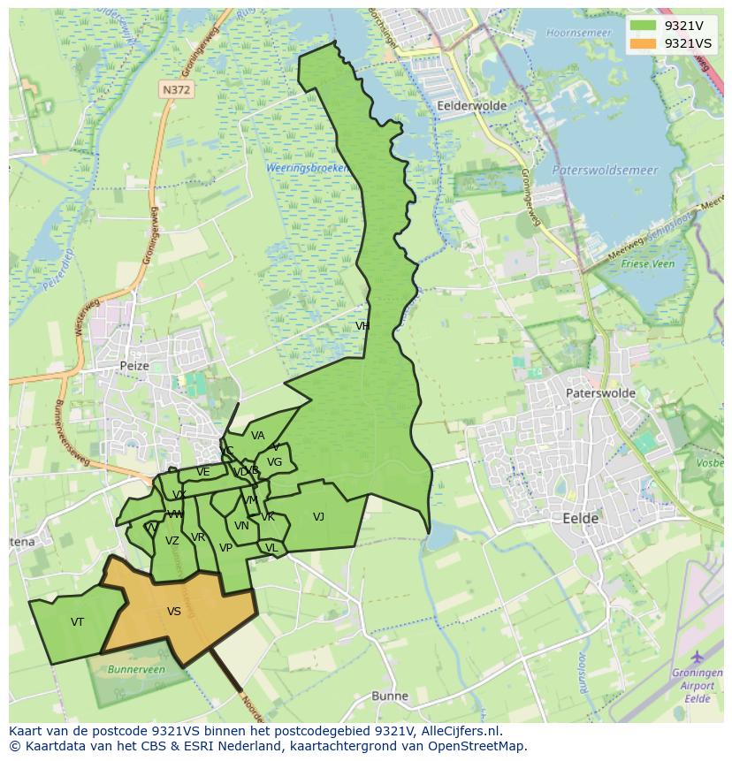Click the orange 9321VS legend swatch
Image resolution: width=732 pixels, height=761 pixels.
644,43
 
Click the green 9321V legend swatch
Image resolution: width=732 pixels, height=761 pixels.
644,26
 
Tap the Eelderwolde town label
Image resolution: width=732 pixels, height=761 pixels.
471,105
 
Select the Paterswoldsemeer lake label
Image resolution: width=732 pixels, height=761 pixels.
605,170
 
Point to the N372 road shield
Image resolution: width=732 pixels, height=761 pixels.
176,89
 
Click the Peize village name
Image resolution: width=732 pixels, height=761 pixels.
135,365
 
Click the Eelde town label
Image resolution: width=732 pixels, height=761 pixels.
580,518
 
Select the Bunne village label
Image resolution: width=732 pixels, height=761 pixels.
390,696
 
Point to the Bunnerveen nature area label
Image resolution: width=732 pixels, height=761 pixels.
136,670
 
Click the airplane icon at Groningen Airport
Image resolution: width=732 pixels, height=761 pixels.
698,657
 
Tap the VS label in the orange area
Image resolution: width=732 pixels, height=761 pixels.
174,612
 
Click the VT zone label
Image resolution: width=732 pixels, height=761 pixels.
78,622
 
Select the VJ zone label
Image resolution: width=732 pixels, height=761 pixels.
318,517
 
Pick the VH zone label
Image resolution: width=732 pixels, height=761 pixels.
362,326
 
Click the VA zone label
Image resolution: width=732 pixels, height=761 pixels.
257,436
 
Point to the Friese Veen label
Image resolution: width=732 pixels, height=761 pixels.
650,263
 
